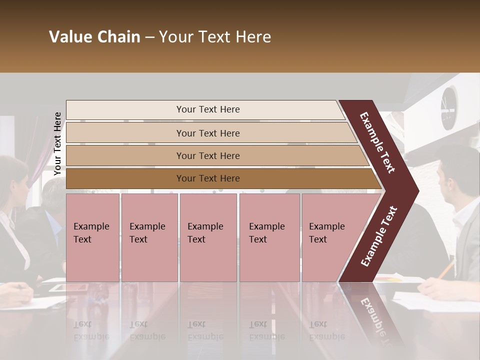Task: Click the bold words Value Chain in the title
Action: pos(94,37)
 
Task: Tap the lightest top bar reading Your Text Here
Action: pos(207,109)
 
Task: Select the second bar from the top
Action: pos(207,133)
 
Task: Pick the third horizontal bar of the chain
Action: pos(207,155)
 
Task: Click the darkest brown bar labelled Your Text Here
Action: pos(207,178)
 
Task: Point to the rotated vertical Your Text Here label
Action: pos(57,143)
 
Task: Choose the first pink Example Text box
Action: pos(92,237)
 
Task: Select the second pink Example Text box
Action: pos(149,237)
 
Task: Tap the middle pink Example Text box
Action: pos(208,237)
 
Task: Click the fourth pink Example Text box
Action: pos(269,237)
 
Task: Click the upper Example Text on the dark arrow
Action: pos(377,142)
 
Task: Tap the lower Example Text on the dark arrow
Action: pos(379,236)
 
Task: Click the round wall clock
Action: pos(448,107)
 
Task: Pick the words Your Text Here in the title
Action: pos(215,37)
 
